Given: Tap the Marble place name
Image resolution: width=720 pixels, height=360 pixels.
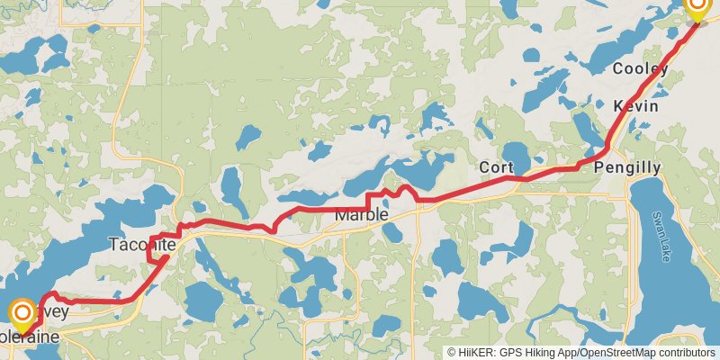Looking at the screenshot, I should [x=361, y=216].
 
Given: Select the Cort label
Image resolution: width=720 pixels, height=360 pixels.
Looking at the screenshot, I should [x=496, y=166].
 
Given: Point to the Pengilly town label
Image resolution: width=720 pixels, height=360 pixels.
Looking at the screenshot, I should [x=627, y=167].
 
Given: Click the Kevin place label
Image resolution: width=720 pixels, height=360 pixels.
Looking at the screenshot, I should [x=635, y=106].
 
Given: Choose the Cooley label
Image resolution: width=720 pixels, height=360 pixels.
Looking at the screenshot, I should [x=640, y=69].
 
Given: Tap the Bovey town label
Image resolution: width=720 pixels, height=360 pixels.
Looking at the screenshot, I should [x=54, y=310].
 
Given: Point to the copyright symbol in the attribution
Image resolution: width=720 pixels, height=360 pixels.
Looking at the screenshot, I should [x=452, y=352].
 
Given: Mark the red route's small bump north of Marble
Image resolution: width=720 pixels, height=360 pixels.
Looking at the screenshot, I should [x=405, y=189].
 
